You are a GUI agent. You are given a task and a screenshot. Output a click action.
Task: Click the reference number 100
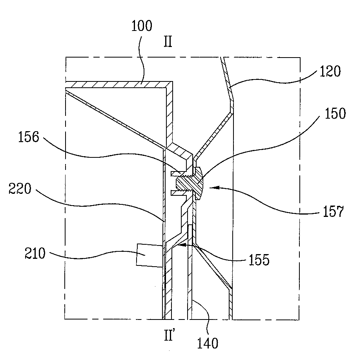[x=142, y=26]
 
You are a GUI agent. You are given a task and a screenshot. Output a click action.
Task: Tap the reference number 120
[x=330, y=71]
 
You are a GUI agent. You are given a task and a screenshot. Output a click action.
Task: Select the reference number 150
[x=335, y=114]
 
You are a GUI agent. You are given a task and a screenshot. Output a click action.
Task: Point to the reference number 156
[x=29, y=137]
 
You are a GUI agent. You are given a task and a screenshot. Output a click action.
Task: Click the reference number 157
[x=333, y=211]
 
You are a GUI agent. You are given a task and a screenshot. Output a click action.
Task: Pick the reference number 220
[x=20, y=189]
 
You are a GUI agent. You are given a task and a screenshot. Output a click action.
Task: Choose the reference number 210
[x=35, y=253]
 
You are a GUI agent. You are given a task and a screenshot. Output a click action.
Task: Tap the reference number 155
[x=259, y=260]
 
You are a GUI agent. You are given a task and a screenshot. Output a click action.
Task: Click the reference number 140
[x=207, y=343]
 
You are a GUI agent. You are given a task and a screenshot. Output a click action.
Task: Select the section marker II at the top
[x=168, y=42]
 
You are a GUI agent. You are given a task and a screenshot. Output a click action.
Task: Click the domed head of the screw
[x=199, y=183]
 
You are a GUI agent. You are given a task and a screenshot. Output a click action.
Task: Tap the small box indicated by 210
[x=150, y=255]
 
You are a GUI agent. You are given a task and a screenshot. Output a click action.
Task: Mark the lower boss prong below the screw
[x=179, y=193]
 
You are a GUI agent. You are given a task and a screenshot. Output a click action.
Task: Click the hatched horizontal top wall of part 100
[x=119, y=85]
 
